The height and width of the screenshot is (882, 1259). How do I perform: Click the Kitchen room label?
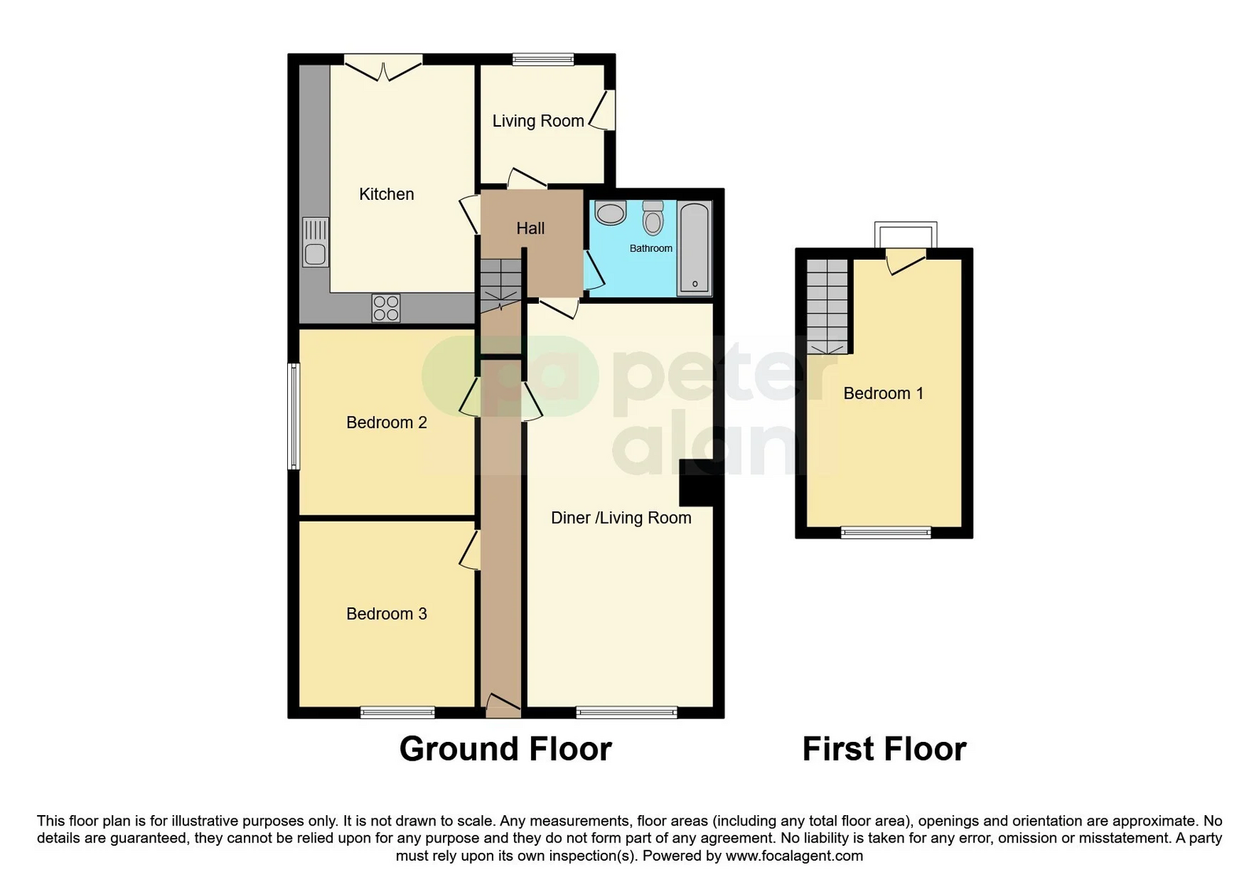pos(386,194)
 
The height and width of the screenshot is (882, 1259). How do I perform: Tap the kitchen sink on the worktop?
pos(315,242)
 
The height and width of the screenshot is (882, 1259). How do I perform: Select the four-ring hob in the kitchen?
pos(386,308)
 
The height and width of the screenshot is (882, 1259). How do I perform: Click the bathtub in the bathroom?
pos(695,249)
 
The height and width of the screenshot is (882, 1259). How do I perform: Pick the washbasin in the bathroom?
pos(610,213)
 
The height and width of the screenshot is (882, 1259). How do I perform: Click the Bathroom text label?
pos(651,248)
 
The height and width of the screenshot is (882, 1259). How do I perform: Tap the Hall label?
pos(530,228)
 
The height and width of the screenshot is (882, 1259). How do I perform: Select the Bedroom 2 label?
pos(386,423)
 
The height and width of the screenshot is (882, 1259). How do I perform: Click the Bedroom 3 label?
pos(386,613)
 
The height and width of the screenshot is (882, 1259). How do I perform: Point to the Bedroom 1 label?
pos(883,393)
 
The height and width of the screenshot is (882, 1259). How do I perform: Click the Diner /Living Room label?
pos(621,518)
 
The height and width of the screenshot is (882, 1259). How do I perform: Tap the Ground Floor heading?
pos(505,749)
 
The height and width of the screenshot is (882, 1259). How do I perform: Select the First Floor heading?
pos(884,749)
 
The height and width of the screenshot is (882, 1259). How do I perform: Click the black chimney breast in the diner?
pos(697,483)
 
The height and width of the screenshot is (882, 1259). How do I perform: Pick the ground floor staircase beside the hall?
pos(501,286)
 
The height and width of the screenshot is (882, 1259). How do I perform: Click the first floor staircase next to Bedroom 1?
pos(827,307)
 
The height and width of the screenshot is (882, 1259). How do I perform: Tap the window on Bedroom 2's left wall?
pos(294,416)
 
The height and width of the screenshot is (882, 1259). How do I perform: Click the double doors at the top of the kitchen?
pos(383,68)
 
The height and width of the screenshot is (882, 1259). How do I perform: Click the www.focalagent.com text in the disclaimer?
pos(794,855)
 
